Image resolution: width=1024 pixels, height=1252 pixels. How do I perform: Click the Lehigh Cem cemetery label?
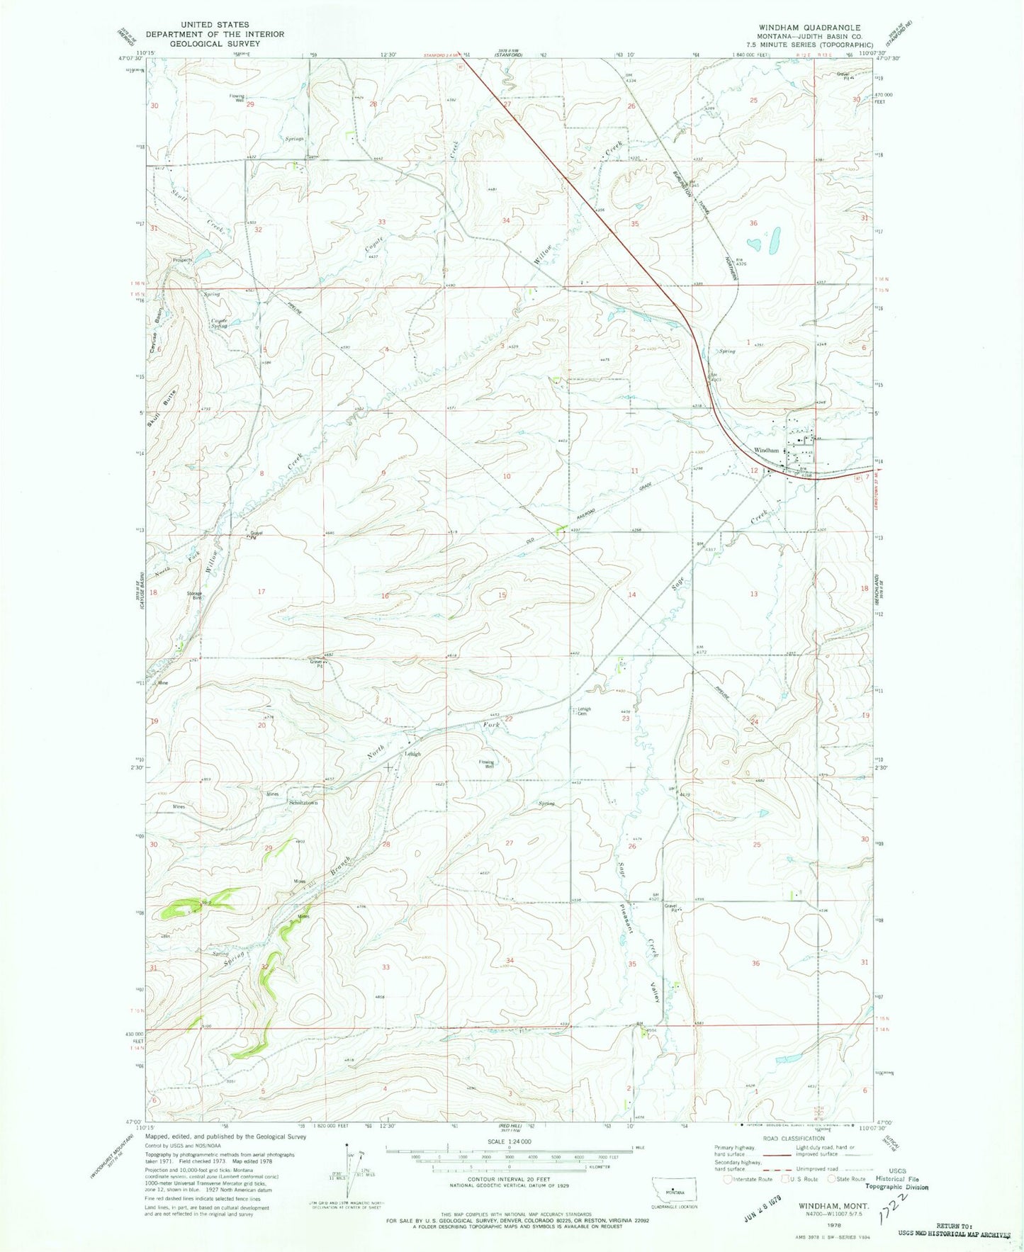click(583, 711)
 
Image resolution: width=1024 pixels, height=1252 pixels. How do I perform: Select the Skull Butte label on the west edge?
click(152, 409)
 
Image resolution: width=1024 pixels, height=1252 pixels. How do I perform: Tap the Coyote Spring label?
click(219, 323)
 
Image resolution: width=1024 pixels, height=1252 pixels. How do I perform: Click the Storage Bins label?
click(194, 595)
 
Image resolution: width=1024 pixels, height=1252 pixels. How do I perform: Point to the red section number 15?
click(502, 595)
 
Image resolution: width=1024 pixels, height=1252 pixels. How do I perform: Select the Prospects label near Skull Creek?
click(183, 260)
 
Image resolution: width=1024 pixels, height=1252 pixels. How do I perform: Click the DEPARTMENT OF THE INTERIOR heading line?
click(215, 34)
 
